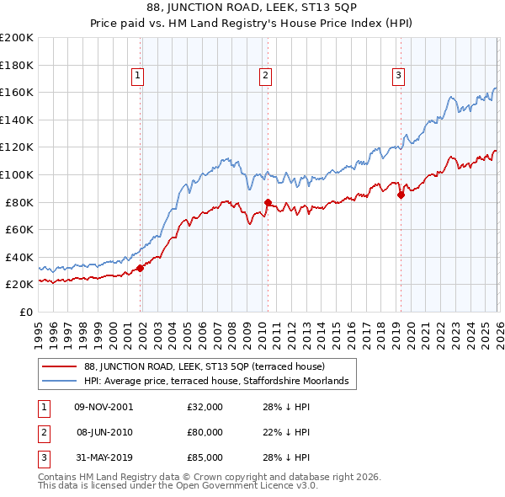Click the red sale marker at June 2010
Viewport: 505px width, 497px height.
(x=268, y=202)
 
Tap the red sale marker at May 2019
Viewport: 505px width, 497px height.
(x=401, y=195)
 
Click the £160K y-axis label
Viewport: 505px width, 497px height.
(x=17, y=92)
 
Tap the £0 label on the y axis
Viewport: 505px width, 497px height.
(x=25, y=312)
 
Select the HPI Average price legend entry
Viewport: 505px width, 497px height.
(x=221, y=382)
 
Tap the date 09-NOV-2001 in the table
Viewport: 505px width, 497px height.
(x=104, y=407)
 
